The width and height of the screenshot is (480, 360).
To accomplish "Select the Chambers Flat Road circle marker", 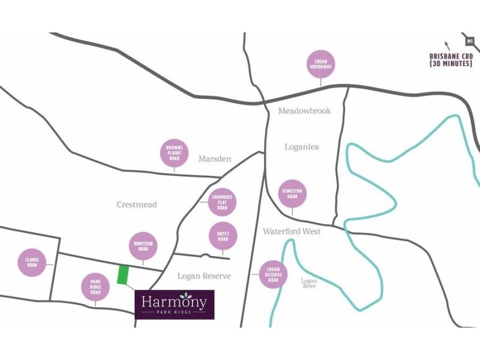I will pos(222,202).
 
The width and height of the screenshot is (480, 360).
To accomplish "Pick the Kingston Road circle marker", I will pos(293,194).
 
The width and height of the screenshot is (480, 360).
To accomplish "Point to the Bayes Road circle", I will pos(223,236).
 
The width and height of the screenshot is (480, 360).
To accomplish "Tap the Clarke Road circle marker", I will pos(32,262).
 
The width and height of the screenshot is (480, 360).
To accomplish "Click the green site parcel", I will pos(123,275).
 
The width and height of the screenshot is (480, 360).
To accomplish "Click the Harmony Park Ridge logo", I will pos(175,304).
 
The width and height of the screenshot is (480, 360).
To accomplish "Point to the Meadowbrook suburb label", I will pos(304,111).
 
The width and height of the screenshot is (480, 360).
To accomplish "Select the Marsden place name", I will pos(214,159).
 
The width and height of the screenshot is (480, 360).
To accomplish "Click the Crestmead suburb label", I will pos(137,205).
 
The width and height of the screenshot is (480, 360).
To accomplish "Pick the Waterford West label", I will pos(292,232).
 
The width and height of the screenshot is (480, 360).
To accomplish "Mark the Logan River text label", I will pos(309,283).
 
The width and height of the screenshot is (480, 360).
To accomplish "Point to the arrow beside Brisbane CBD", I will pos(446,44).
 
